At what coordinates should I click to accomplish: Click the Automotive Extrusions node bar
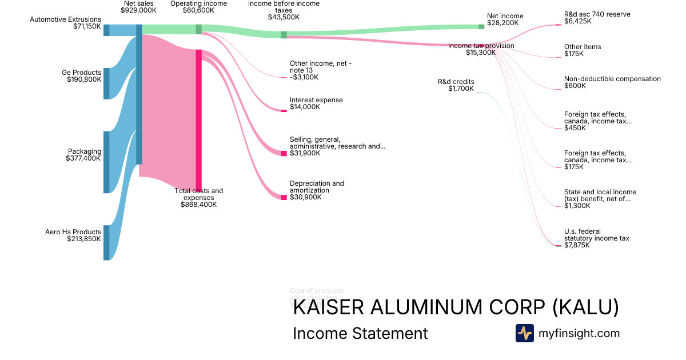click(x=106, y=30)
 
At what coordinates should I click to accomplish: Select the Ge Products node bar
click(x=106, y=83)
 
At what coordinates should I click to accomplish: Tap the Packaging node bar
click(x=106, y=162)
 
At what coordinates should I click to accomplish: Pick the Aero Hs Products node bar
click(x=106, y=243)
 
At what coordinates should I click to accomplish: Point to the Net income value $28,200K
click(x=502, y=23)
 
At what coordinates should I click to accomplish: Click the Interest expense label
click(x=316, y=100)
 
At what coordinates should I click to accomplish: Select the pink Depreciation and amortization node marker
click(x=284, y=198)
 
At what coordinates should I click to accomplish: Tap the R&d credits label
click(x=456, y=82)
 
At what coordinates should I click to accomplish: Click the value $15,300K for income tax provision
click(x=480, y=53)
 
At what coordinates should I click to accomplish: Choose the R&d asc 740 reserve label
click(x=597, y=14)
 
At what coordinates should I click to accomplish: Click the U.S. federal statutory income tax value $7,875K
click(x=577, y=245)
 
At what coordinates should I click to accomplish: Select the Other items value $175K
click(x=574, y=54)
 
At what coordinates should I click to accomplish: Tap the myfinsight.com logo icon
click(x=524, y=333)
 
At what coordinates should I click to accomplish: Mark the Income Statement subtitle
click(x=360, y=333)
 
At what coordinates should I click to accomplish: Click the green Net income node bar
click(x=481, y=26)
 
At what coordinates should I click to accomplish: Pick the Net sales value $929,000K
click(x=138, y=10)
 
